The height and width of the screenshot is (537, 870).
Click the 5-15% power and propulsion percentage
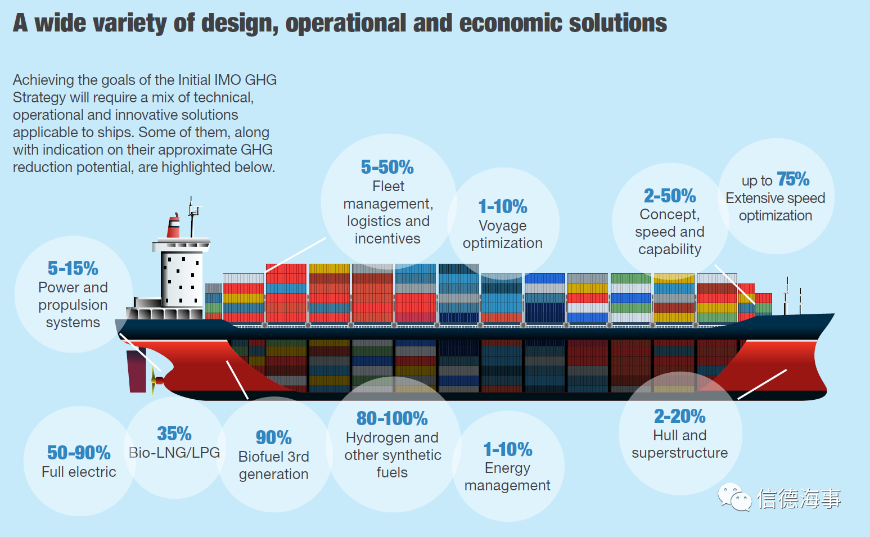tap(73, 268)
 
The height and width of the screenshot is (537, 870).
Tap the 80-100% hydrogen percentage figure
tap(392, 418)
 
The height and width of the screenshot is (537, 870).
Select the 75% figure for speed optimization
tap(793, 179)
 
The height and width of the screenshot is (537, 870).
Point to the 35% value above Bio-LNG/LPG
tap(174, 434)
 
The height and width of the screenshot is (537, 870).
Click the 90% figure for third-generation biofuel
tap(273, 437)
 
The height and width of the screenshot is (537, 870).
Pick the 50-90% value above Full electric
tap(79, 453)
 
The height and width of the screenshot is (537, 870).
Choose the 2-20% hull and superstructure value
tap(680, 416)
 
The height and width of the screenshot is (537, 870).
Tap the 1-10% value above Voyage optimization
tap(503, 206)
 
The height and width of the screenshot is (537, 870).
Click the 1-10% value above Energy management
tap(508, 450)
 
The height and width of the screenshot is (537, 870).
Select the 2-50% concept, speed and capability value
tap(670, 196)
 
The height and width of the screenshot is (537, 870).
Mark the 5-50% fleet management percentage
tap(387, 168)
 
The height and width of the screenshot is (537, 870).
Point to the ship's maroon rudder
tap(136, 371)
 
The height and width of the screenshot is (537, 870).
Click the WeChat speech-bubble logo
tap(734, 497)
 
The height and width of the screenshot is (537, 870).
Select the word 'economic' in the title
tap(510, 23)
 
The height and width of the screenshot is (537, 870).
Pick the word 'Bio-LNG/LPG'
tap(174, 453)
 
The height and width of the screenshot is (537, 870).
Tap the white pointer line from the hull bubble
tap(762, 385)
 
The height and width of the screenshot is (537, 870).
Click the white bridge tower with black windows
tap(182, 279)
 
